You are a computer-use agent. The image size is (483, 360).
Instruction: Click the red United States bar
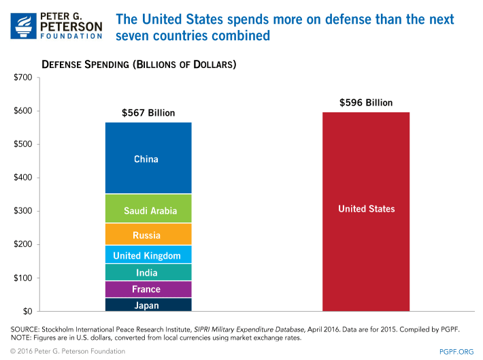(366, 211)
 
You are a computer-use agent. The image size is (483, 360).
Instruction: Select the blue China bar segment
(146, 159)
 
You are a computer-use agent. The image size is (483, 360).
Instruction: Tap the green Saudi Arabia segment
(146, 210)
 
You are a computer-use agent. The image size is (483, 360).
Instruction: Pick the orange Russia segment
(146, 235)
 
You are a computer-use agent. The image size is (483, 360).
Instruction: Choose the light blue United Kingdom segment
(146, 255)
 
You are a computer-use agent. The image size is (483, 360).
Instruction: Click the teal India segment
(146, 273)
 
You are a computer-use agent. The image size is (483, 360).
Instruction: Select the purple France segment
(146, 289)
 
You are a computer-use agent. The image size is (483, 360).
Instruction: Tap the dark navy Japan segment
(146, 305)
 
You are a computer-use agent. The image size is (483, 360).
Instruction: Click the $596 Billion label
(366, 103)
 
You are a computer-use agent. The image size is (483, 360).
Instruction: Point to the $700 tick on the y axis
(23, 78)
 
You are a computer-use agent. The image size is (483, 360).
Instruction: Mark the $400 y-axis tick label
(23, 178)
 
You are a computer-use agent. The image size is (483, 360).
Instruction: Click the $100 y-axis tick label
(23, 278)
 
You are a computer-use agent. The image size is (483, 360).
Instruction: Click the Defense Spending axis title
(139, 65)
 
